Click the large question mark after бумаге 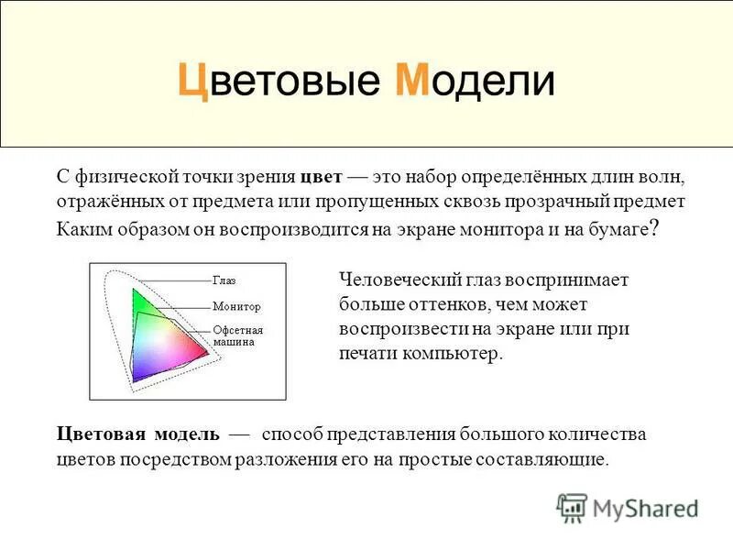pos(652,229)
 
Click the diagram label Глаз pos(224,281)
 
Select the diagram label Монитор pos(236,306)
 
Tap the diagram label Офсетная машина pos(237,335)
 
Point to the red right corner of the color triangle pos(206,353)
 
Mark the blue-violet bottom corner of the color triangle pos(136,377)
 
